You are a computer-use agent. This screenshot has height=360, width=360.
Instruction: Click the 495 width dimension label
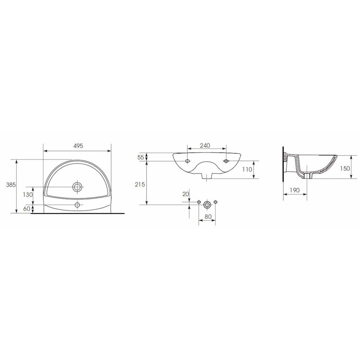pos(78,146)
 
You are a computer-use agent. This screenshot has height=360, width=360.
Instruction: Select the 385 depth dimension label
pos(11,185)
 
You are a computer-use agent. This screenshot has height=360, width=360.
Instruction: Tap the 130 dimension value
pos(28,195)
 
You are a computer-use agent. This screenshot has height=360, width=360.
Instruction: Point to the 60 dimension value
pos(27,209)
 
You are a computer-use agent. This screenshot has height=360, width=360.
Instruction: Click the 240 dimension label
pos(205,145)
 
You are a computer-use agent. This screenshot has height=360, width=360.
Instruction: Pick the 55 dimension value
pos(140,157)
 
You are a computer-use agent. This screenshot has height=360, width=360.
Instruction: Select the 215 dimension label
pos(140,184)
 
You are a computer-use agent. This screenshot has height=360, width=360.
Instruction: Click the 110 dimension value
pos(247,170)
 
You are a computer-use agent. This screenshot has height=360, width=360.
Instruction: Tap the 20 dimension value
pos(185,194)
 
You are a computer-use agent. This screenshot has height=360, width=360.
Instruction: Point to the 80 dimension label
pos(208,217)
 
